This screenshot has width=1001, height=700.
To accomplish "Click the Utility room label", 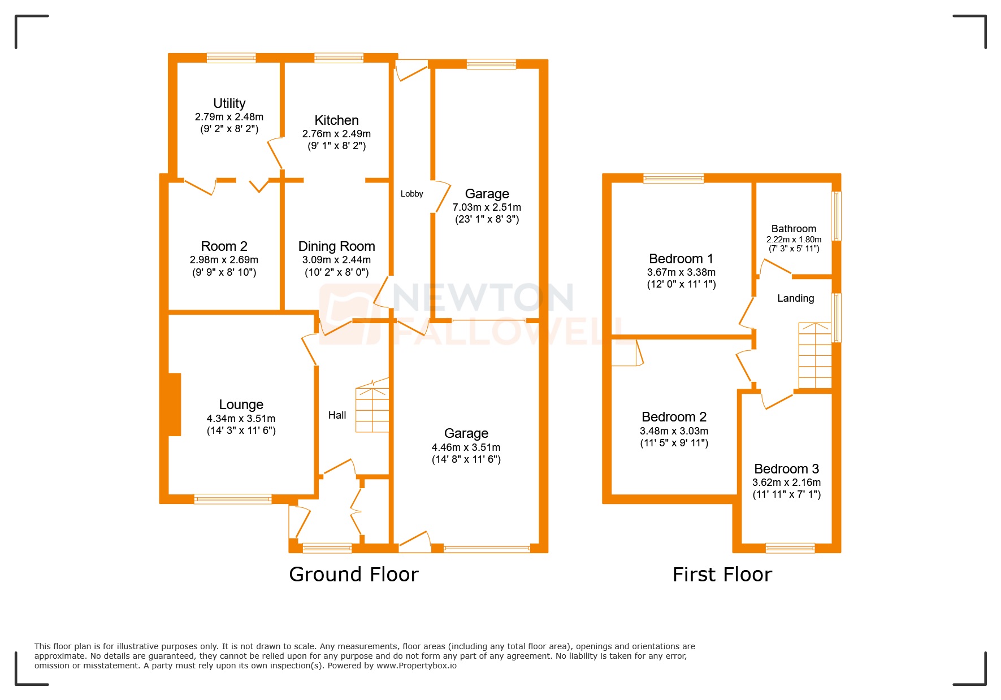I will click(x=229, y=103).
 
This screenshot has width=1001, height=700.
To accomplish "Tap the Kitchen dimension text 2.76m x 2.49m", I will click(x=336, y=134).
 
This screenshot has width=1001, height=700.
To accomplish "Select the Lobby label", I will click(x=411, y=194).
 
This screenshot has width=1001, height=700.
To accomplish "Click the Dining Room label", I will click(x=336, y=246).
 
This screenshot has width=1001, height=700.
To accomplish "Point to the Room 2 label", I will click(x=224, y=246).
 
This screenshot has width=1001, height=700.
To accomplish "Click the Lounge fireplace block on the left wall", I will click(x=175, y=404).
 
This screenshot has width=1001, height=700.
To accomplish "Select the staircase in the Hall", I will click(x=372, y=407).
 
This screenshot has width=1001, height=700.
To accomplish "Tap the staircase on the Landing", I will click(x=814, y=356).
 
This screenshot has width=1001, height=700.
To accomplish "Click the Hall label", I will click(x=337, y=415).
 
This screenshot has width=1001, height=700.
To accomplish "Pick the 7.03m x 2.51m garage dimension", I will click(x=487, y=207).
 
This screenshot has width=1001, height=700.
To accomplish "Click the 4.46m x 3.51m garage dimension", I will click(x=466, y=447).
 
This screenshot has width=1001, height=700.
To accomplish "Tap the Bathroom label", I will click(x=794, y=229).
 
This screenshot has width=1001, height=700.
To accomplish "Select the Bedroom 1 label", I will click(x=681, y=259).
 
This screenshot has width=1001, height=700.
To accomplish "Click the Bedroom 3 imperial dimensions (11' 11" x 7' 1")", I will click(x=786, y=494).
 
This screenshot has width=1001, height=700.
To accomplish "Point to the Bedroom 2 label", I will click(x=674, y=417).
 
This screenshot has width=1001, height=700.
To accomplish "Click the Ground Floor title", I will click(x=354, y=575).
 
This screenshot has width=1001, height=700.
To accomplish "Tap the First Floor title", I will click(x=722, y=575).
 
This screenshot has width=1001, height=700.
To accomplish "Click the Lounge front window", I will click(x=233, y=499).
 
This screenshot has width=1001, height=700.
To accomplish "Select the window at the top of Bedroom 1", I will click(x=673, y=178).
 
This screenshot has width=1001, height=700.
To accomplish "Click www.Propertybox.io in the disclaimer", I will click(x=417, y=666).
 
